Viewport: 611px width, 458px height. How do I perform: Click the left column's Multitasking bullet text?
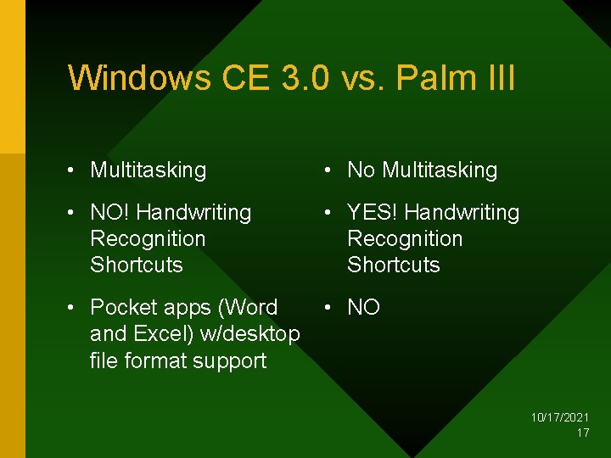pyautogui.click(x=148, y=170)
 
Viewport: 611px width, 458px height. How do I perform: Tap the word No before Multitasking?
pyautogui.click(x=361, y=170)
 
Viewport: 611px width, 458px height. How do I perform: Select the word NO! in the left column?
pyautogui.click(x=109, y=212)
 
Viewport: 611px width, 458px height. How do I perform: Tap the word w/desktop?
pyautogui.click(x=249, y=334)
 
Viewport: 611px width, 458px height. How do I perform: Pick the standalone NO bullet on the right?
pyautogui.click(x=363, y=307)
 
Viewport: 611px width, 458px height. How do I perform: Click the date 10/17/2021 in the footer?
pyautogui.click(x=560, y=418)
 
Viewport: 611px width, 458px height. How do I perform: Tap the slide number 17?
pyautogui.click(x=583, y=433)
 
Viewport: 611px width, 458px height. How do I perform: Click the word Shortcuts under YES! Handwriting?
pyautogui.click(x=394, y=265)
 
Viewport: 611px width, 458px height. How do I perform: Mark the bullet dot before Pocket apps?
pyautogui.click(x=75, y=307)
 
